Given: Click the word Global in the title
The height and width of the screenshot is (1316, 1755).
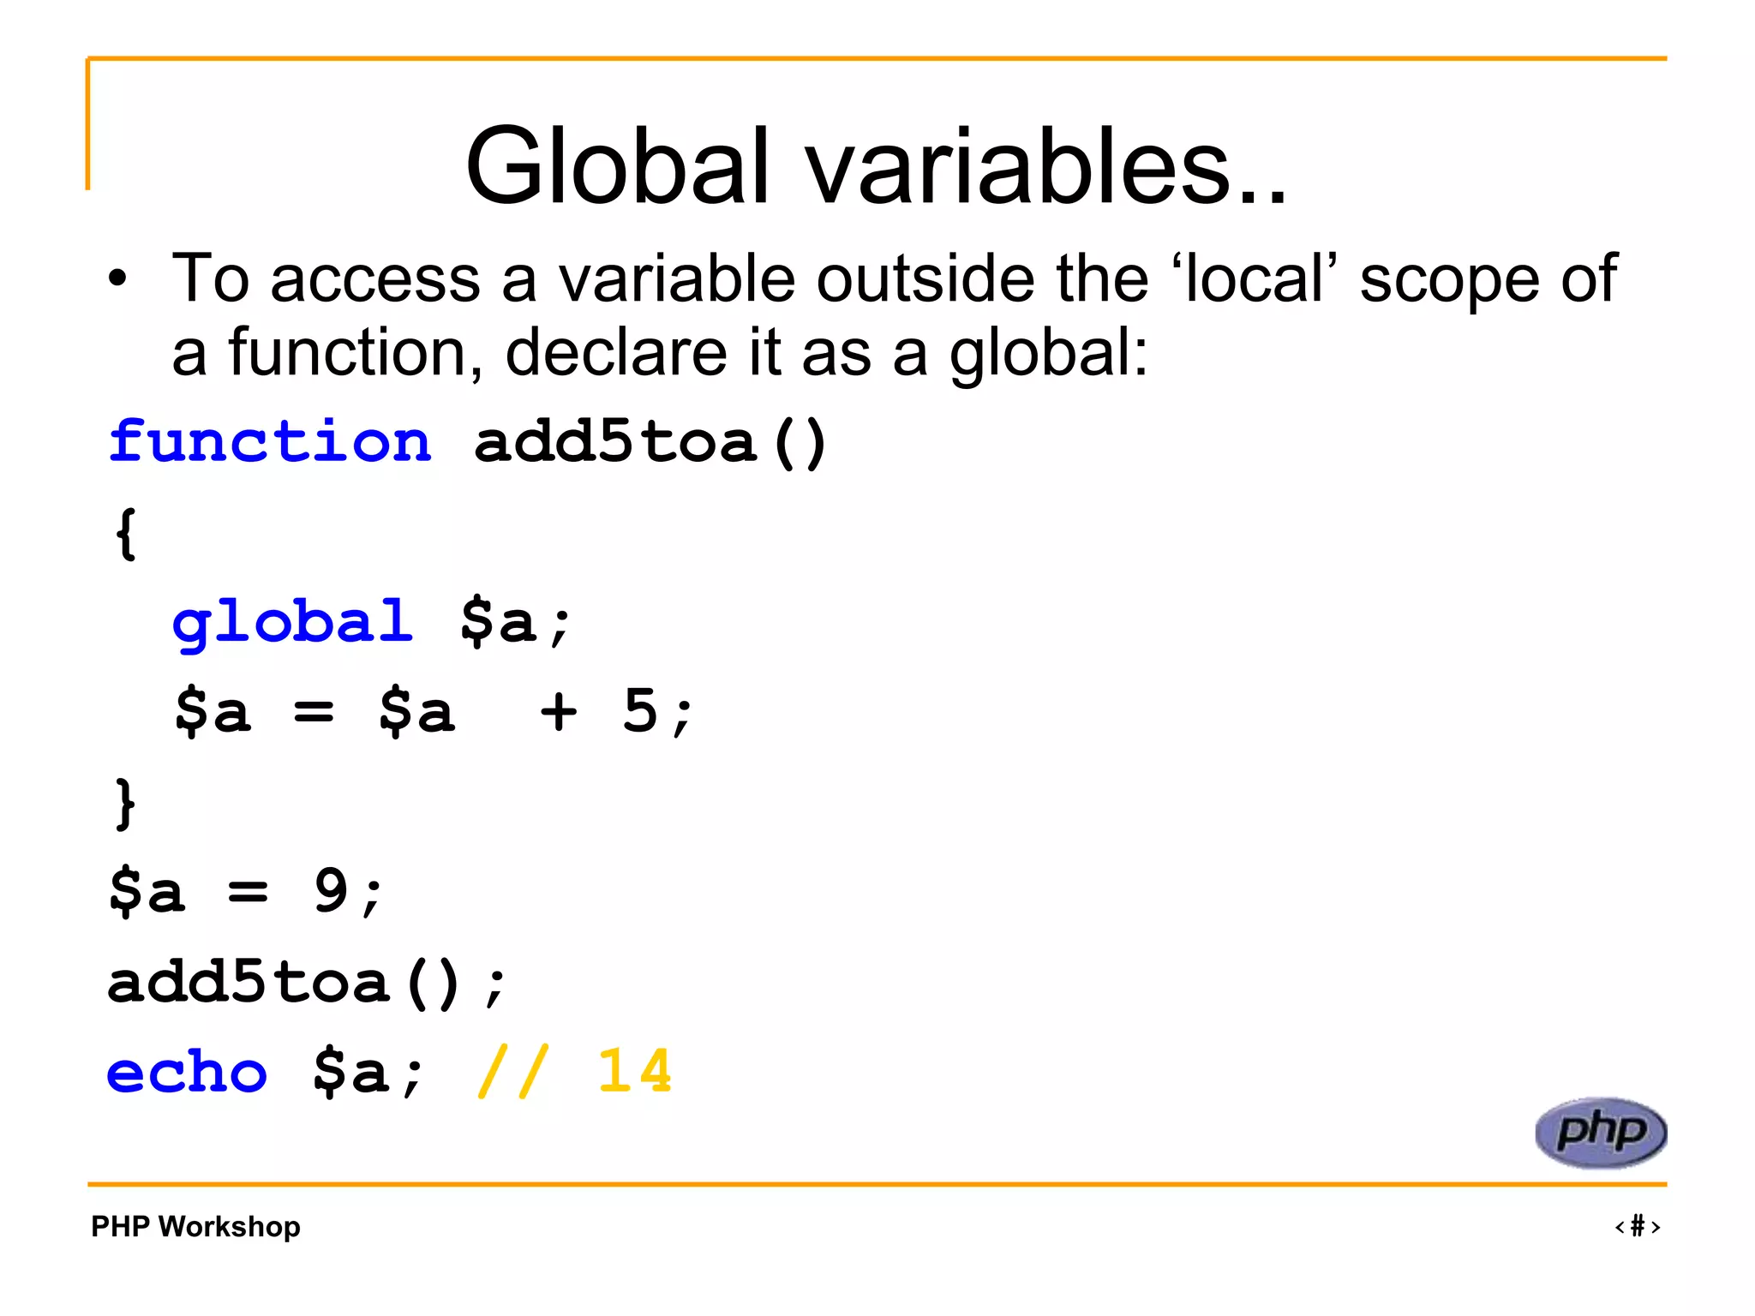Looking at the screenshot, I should pos(617,167).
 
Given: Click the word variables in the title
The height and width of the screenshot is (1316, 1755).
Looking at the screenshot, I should pos(1045,167).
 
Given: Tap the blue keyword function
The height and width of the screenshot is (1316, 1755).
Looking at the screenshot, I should pos(270,443).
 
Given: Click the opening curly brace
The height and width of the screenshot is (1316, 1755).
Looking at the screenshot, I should pos(126,534).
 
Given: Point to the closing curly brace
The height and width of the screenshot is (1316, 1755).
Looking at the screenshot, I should pos(126,804).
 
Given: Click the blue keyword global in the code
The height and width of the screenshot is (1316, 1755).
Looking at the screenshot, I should pos(292,622).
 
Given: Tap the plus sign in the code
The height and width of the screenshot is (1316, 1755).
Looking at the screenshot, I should pos(559,711).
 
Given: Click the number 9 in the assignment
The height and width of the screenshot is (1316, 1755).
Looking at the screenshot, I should pos(331,891).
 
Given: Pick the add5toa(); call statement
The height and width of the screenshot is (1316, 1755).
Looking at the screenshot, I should pos(307,983).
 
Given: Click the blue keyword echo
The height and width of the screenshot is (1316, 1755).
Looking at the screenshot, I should pos(187,1072).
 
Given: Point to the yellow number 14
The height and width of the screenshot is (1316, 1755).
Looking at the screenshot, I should pos(634,1072).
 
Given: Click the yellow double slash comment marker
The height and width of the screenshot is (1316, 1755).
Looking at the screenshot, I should pos(512,1072).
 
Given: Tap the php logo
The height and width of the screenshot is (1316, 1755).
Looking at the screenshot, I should pos(1601,1133).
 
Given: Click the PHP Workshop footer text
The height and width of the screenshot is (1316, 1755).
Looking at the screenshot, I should pos(195,1227).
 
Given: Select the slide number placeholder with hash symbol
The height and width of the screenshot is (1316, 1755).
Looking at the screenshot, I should pos(1638,1227).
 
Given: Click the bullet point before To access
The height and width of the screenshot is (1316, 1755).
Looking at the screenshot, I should pos(117,278).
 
